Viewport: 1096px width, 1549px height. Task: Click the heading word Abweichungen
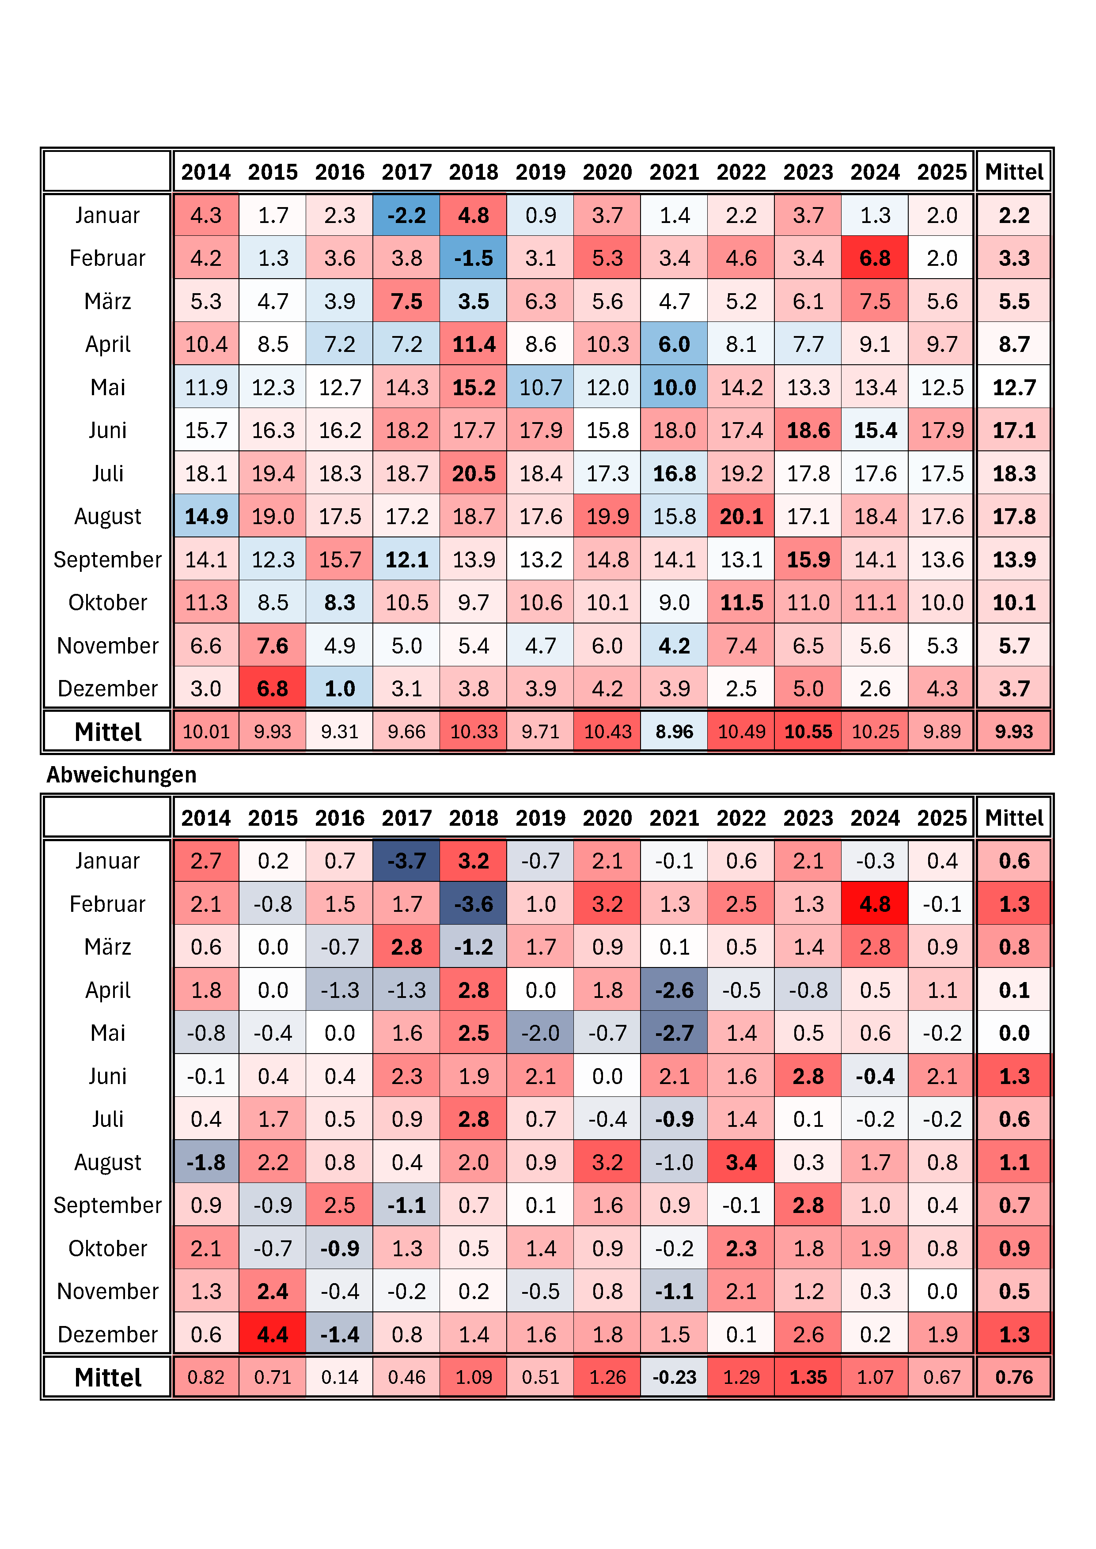click(121, 774)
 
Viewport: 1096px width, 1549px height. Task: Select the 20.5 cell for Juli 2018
click(474, 474)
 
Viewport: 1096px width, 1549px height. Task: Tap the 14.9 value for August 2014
click(206, 517)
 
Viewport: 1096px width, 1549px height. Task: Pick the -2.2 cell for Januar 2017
click(406, 215)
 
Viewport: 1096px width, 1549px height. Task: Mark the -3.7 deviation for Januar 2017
click(406, 861)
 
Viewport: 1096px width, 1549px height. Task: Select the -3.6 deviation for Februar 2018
click(474, 904)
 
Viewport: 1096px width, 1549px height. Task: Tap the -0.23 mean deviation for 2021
click(674, 1378)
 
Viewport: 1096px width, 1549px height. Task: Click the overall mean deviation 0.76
click(1014, 1378)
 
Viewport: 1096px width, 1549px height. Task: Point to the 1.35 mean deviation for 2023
click(808, 1378)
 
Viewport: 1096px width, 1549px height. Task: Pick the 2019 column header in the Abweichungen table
click(541, 818)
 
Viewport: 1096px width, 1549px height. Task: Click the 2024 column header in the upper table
click(875, 172)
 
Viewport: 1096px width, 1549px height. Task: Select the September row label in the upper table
click(107, 560)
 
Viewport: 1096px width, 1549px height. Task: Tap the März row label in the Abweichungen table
click(107, 947)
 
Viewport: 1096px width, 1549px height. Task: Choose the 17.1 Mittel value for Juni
click(1014, 431)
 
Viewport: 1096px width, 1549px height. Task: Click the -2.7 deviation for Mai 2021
click(674, 1033)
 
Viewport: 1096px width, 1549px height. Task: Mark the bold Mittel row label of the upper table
click(107, 732)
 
